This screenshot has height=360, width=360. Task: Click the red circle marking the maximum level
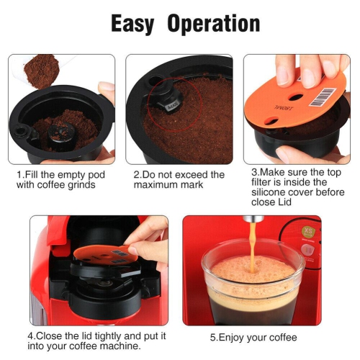point(165,109)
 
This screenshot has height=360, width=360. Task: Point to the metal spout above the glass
point(253,219)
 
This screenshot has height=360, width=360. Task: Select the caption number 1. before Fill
point(20,174)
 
